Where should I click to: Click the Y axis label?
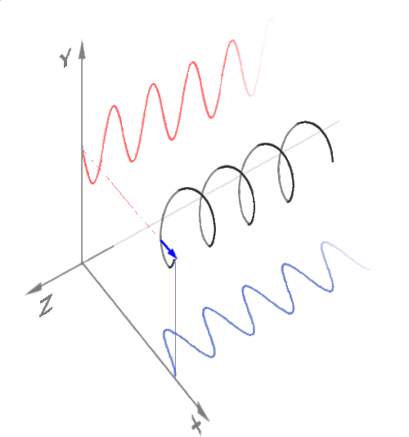pos(65,57)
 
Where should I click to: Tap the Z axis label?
pos(47,306)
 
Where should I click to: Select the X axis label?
pos(196,425)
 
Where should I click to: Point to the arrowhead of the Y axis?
pos(82,49)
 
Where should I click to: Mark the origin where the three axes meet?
pos(82,263)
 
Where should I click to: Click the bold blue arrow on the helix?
pos(169,249)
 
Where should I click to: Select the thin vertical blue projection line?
pos(175,318)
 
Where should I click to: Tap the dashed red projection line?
pos(119,193)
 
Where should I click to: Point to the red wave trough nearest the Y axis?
pos(92,183)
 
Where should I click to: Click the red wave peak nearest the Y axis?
pos(114,107)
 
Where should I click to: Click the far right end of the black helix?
pos(333,161)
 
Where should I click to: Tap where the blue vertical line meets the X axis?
pos(175,377)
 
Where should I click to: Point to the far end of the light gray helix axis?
pos(339,121)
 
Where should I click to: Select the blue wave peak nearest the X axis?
pos(168,330)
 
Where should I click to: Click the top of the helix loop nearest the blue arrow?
pos(187,189)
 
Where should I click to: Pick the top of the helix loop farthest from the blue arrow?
pos(305,122)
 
